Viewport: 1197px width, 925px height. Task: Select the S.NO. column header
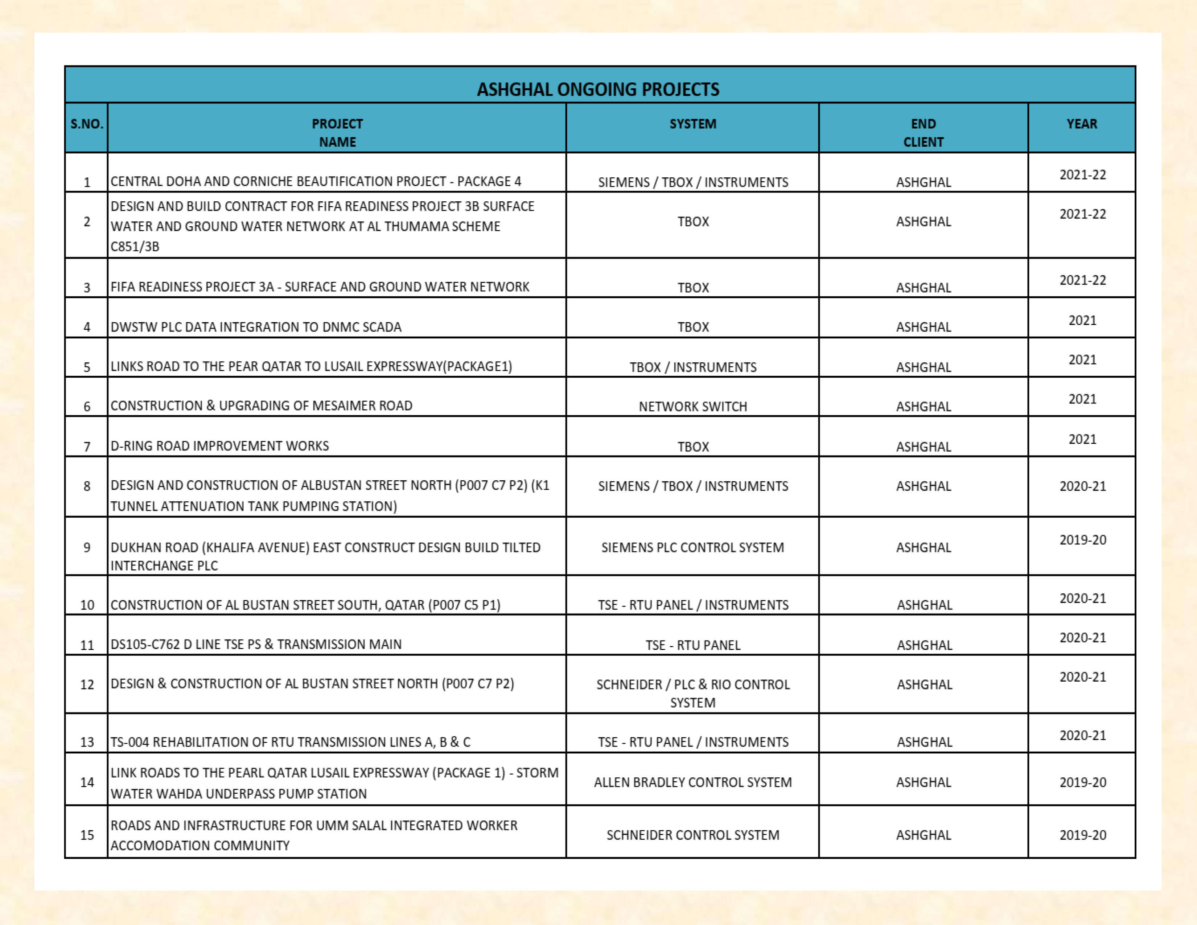click(87, 124)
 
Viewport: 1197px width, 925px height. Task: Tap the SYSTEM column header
click(693, 124)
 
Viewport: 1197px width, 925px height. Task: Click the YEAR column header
click(1082, 124)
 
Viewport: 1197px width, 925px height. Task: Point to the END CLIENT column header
click(924, 133)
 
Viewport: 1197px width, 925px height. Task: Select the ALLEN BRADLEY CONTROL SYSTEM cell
click(693, 782)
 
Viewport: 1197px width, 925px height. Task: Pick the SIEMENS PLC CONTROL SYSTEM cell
click(693, 547)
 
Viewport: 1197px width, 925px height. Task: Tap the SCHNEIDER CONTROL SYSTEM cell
click(693, 835)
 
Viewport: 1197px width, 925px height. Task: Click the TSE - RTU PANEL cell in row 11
click(693, 645)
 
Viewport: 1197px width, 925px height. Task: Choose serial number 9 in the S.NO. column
click(87, 547)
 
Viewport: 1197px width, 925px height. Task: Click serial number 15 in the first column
click(87, 835)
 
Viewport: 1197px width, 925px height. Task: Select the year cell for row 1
click(1082, 175)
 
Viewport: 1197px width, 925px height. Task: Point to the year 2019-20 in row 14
click(1082, 782)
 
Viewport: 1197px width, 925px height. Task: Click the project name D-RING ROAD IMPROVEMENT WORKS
click(220, 445)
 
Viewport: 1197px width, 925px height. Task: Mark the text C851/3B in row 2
click(135, 247)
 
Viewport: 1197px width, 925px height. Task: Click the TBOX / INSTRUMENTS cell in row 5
click(693, 367)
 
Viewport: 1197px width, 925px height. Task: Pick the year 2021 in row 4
click(1082, 320)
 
